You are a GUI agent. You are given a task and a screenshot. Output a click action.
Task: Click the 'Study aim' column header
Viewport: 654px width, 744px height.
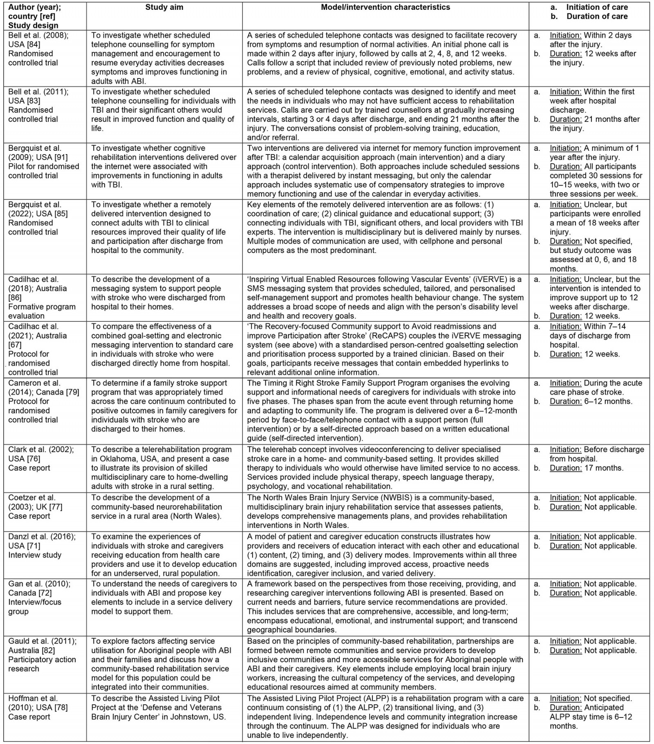tap(164, 7)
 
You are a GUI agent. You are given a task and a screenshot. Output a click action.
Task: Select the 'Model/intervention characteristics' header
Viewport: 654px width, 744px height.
tap(385, 7)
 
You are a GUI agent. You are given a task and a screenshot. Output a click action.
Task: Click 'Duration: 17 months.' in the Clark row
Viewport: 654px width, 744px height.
tap(587, 468)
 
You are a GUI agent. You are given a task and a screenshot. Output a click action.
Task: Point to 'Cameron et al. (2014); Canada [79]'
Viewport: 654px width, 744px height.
tap(43, 388)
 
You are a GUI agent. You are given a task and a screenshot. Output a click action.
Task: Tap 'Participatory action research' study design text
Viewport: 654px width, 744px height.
tap(42, 664)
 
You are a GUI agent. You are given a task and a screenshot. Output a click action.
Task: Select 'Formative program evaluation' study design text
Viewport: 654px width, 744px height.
tap(42, 311)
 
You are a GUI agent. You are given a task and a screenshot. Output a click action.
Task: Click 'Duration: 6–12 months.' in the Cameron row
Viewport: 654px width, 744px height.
tap(591, 401)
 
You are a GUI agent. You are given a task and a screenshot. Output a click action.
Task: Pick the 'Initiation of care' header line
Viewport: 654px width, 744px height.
tap(597, 7)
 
